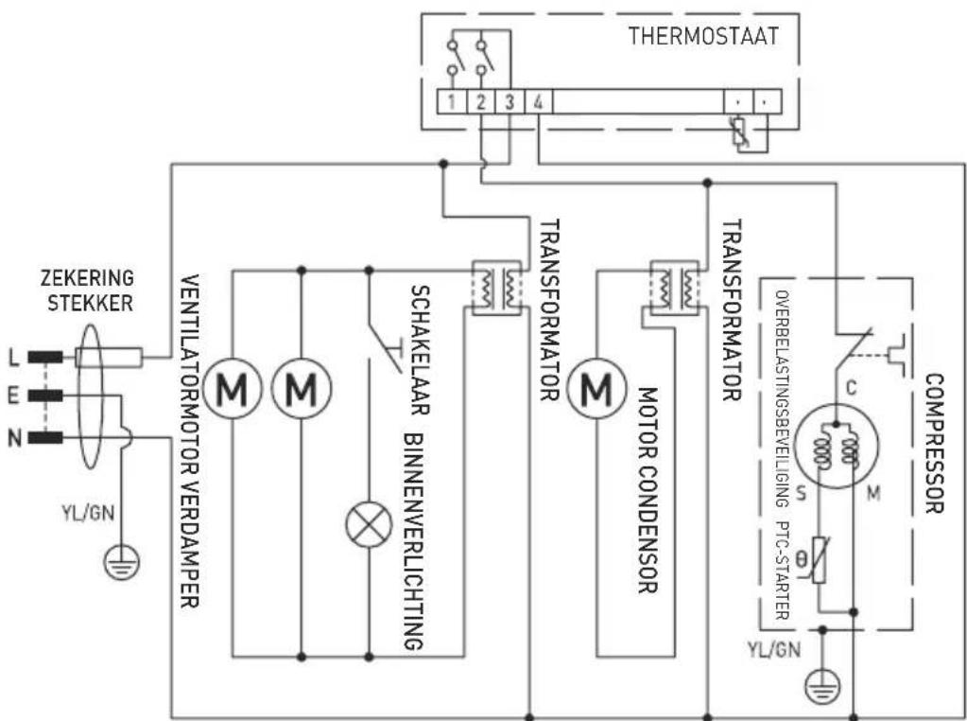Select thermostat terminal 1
[454, 101]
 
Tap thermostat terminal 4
[536, 101]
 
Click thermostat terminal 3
[509, 101]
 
